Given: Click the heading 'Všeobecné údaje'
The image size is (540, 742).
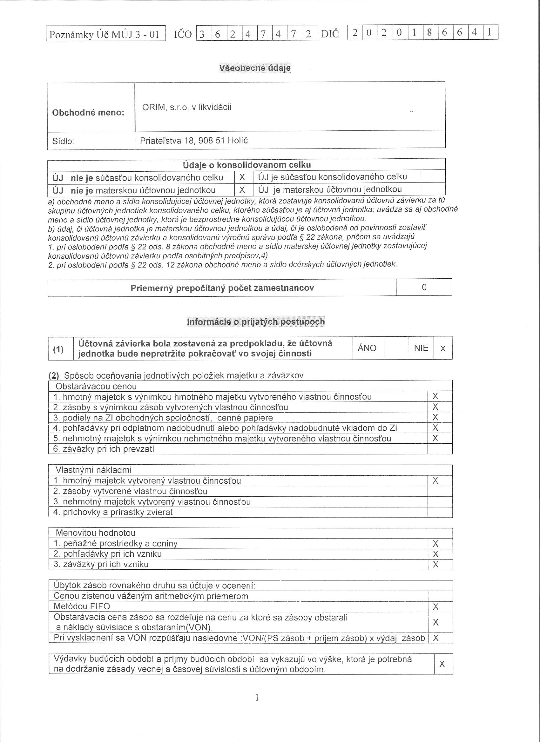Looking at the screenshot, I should tap(254, 68).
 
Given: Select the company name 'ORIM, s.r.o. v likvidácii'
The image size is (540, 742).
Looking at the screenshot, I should tap(186, 107).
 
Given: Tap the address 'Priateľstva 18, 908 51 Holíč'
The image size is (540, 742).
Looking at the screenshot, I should tap(194, 141).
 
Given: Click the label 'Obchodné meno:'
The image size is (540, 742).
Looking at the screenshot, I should tap(88, 113).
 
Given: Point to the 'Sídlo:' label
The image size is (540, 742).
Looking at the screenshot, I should tap(63, 141).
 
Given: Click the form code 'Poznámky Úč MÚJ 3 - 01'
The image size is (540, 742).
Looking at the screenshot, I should tap(104, 34).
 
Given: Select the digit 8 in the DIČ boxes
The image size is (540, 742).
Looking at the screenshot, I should tap(429, 32).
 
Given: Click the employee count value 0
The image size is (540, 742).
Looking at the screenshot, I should tap(424, 287).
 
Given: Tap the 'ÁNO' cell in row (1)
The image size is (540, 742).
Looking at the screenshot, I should tap(367, 348).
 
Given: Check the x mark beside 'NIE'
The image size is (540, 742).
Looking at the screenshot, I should tap(443, 348).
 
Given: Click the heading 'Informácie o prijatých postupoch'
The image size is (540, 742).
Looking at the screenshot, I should tap(256, 321).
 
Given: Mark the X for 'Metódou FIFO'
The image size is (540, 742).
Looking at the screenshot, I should tap(435, 607).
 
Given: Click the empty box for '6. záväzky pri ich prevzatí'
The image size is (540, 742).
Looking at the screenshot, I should tap(440, 449).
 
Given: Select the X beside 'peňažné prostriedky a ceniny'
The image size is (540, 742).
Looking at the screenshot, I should tap(435, 544).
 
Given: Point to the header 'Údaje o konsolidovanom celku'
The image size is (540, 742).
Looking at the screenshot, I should tap(246, 165).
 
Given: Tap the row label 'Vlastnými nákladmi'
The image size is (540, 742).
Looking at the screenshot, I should tap(93, 470).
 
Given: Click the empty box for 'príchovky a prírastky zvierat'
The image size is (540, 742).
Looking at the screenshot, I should tap(440, 512).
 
